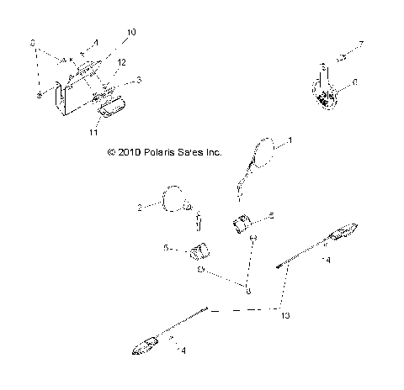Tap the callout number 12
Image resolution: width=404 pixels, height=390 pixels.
(x=121, y=62)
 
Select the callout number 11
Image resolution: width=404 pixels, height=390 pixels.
(x=93, y=132)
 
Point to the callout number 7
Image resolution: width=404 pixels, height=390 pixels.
(x=361, y=43)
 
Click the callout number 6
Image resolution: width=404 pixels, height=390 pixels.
(x=355, y=82)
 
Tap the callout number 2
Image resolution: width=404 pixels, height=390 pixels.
(x=140, y=204)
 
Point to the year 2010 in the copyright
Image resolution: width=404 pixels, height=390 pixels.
(x=129, y=154)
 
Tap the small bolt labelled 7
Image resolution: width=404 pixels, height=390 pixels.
(x=341, y=57)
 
